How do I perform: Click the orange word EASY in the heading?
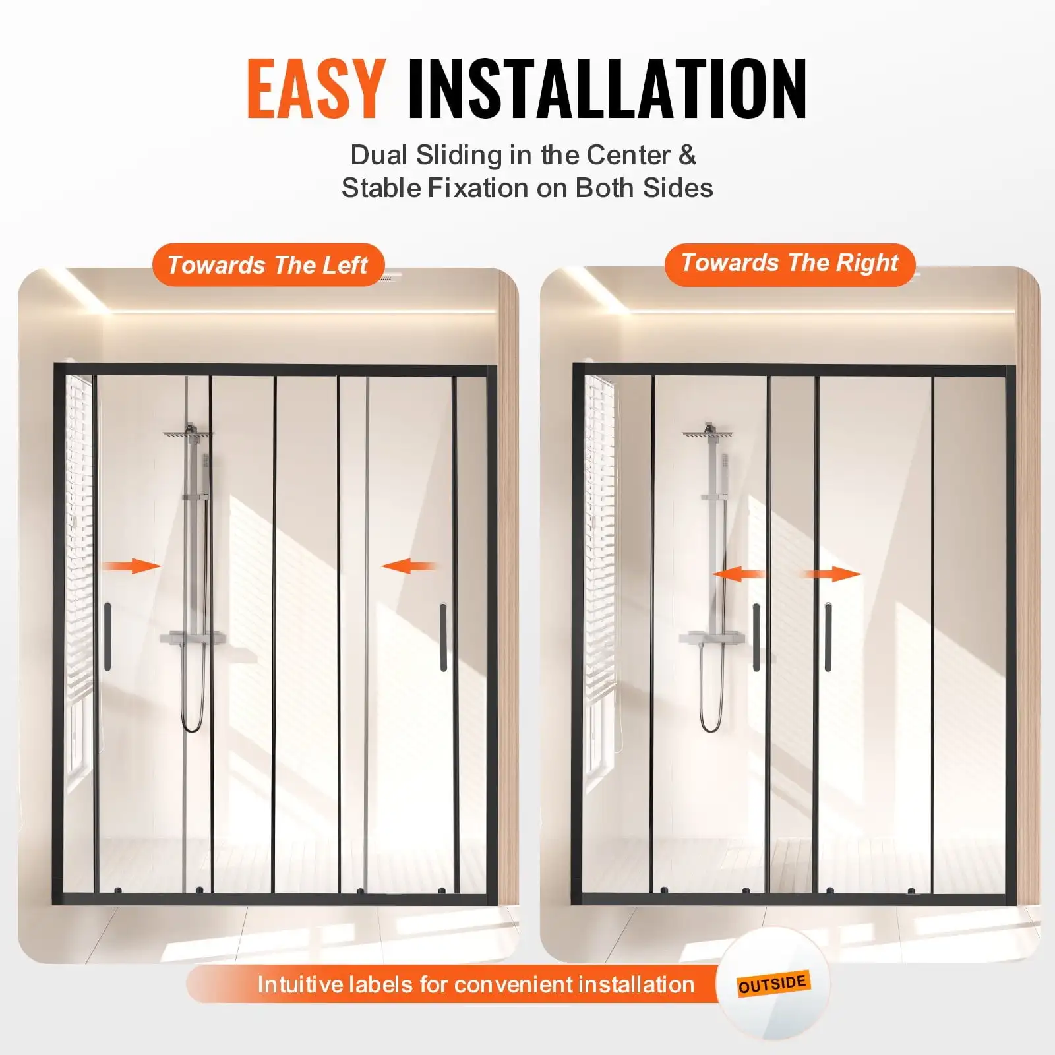[x=316, y=89]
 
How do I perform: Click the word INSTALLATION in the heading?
[x=607, y=89]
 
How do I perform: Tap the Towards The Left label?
[x=268, y=265]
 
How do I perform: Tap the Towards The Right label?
[x=789, y=263]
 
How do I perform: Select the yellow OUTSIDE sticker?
[x=772, y=984]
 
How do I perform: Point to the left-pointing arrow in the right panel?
[x=739, y=574]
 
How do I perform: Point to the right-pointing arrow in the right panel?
[x=833, y=574]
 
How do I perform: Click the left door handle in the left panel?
[x=107, y=636]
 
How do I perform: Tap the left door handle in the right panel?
[x=756, y=637]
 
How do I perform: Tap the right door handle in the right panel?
[x=828, y=637]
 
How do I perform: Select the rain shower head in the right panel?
[x=708, y=434]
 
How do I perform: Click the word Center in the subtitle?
[x=628, y=156]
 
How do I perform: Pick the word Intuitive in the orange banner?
[x=300, y=984]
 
